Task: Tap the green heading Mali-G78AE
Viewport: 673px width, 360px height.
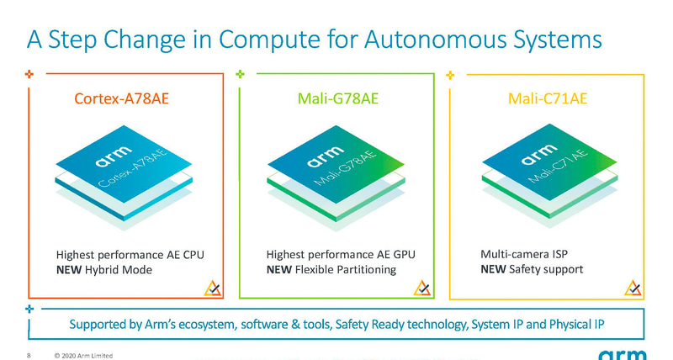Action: pyautogui.click(x=338, y=99)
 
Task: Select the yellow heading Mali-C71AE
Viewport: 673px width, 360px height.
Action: pyautogui.click(x=548, y=99)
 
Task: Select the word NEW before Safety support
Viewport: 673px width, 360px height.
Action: pyautogui.click(x=492, y=270)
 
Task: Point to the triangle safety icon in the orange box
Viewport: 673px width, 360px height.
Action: pyautogui.click(x=213, y=289)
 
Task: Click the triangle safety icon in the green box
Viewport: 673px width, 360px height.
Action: pyautogui.click(x=423, y=289)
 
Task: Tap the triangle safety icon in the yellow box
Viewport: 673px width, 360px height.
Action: pyautogui.click(x=633, y=289)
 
